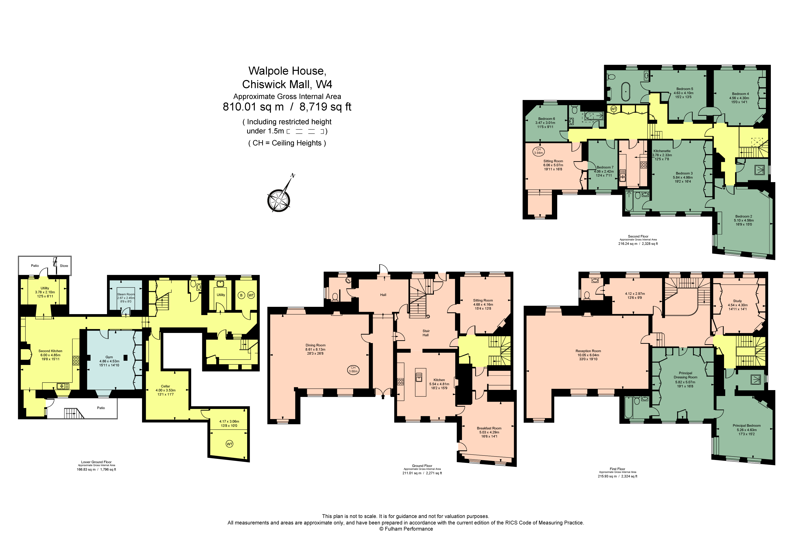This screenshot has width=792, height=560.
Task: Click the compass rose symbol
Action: [279, 200]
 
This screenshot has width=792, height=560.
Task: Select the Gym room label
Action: [109, 357]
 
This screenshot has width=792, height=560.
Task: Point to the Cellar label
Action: [165, 386]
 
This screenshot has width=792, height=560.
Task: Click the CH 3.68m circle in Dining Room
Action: [353, 369]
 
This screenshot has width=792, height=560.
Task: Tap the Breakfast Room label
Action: [489, 428]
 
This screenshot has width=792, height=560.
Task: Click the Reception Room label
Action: [588, 351]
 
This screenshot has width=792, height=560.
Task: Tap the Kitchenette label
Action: [662, 151]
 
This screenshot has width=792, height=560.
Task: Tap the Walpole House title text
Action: [287, 71]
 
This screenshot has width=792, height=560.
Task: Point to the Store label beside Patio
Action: [64, 266]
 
